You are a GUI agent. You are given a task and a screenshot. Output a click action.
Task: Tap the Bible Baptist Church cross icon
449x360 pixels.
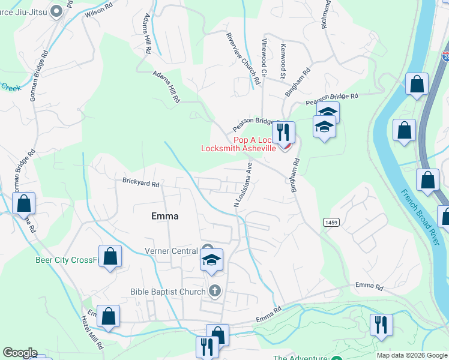215,292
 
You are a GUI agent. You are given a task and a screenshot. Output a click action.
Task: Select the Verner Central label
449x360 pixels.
171,251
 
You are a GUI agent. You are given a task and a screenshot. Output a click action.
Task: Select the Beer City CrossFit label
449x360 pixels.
65,260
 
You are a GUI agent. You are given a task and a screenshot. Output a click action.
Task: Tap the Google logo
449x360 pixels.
20,353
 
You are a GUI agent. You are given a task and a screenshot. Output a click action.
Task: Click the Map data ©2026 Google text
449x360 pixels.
411,355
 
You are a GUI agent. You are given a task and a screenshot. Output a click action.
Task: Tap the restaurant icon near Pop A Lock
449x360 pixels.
282,133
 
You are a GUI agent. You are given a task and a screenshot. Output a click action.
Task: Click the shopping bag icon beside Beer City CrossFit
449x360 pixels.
110,256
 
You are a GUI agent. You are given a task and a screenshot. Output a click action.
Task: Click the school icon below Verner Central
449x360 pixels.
211,260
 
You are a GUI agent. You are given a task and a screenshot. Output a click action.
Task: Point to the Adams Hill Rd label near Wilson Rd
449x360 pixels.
146,35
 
